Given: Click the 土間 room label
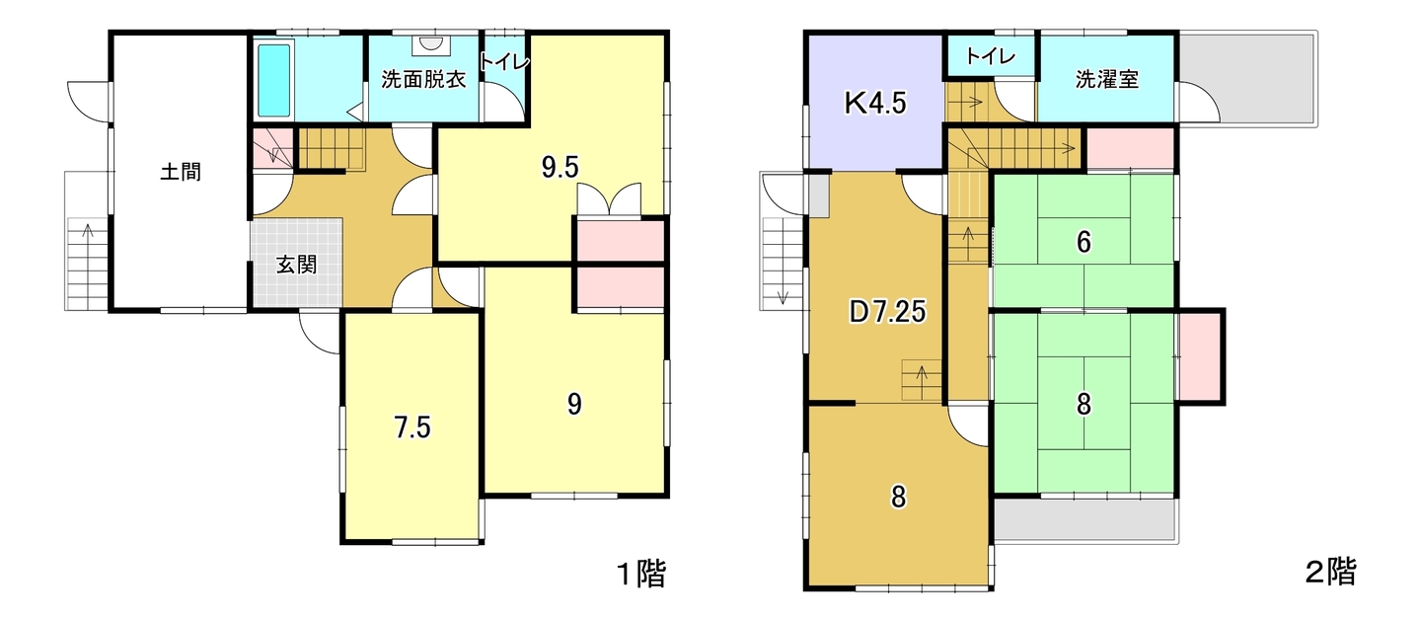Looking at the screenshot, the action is coord(181,172).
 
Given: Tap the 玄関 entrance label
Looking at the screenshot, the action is coord(296,265).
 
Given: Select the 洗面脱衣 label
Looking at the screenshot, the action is coord(423,79).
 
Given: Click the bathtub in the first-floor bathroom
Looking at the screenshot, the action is coord(274,79).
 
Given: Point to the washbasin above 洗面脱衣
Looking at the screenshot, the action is coord(431,43).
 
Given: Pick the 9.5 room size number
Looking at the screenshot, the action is coord(561,168).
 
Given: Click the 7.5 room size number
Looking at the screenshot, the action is coord(412,427).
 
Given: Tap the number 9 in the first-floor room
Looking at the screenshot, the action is coord(574,405).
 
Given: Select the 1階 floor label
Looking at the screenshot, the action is coord(642,574).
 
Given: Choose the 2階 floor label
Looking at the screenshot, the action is coord(1331,572).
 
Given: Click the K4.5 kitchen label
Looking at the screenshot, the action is coord(875,103).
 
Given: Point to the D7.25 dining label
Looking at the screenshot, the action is coord(887,312).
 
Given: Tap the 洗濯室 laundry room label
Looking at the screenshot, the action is coord(1107,79).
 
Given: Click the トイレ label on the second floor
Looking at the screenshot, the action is coord(991,57).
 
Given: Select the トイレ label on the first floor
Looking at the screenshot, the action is coord(503,61).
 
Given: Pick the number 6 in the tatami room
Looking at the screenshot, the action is coord(1084,242).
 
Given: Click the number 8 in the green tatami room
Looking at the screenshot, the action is coord(1084,404).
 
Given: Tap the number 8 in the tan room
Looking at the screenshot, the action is coord(898,498).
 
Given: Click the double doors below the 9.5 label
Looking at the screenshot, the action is coord(609,199).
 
